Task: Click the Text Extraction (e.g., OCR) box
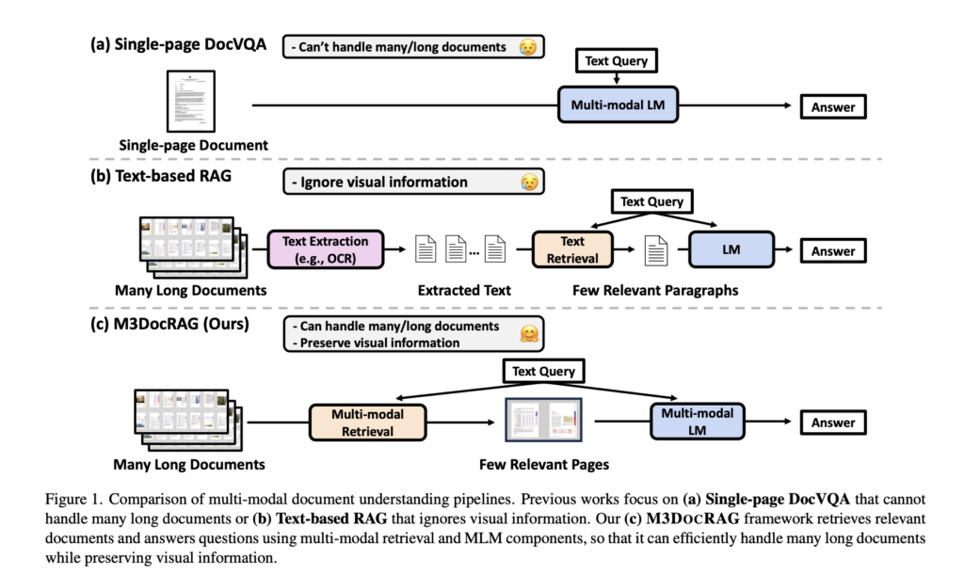pos(325,249)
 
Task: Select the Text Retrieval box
pos(571,249)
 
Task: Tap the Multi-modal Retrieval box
pos(362,423)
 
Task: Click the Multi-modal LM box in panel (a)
pos(617,105)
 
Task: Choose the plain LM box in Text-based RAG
pos(731,250)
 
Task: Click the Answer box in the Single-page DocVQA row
pos(832,107)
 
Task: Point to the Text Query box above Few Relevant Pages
pos(543,371)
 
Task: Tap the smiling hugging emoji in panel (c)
pos(530,334)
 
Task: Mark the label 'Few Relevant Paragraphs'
pos(654,290)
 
